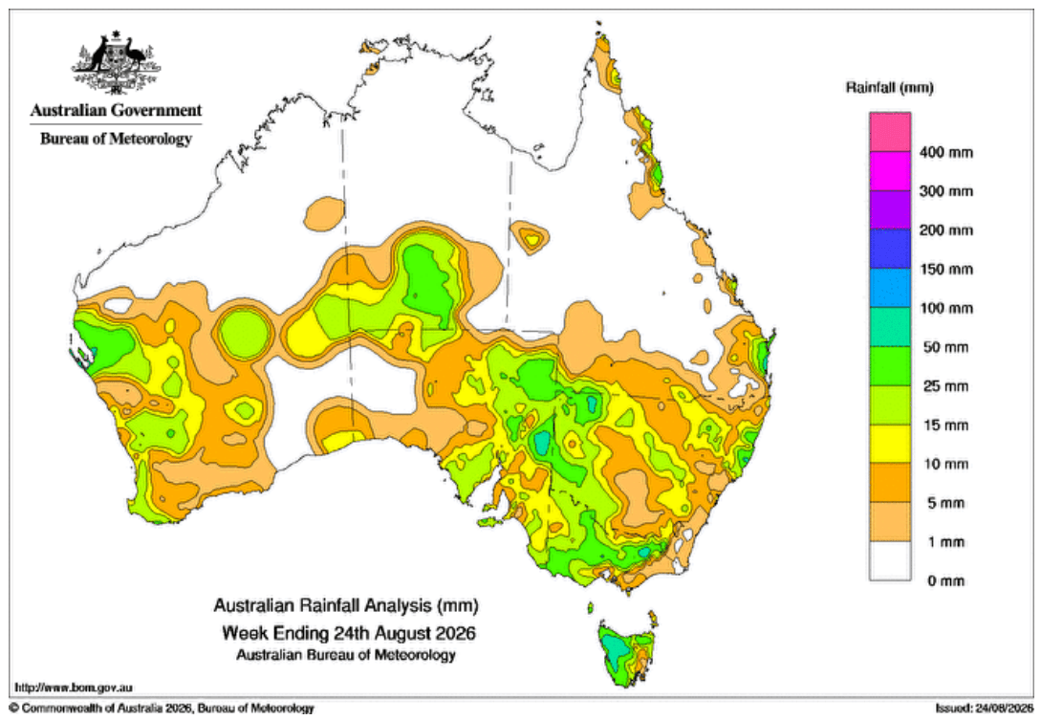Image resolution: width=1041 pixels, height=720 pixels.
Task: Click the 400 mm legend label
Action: [946, 152]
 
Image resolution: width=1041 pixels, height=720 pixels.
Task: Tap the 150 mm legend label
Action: [946, 269]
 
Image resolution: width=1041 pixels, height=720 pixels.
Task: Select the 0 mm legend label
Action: [946, 581]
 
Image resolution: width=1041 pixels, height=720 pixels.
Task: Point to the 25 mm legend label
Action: [946, 386]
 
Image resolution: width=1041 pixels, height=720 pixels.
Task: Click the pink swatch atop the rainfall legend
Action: [890, 132]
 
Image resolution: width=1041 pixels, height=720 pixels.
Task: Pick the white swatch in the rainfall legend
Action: [890, 561]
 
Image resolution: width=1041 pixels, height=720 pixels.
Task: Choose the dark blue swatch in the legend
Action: [890, 249]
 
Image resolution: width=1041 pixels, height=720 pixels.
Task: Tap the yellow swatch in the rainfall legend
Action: [890, 445]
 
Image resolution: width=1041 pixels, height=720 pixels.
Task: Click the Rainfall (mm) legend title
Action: [890, 88]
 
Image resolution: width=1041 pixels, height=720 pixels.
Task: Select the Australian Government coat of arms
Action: [117, 61]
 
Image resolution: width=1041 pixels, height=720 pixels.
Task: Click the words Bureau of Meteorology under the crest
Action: [117, 139]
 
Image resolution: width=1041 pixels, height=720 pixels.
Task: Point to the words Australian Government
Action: [117, 110]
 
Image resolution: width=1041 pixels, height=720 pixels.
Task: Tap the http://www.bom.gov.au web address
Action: [74, 687]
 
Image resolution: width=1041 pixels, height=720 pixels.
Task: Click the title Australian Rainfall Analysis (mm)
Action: [346, 606]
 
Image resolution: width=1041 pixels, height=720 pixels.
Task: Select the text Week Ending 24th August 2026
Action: [349, 632]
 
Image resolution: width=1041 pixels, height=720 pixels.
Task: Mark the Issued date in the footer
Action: [985, 709]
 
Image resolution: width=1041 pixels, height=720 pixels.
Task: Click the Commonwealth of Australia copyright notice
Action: [162, 709]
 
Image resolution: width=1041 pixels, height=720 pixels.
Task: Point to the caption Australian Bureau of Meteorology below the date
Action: [346, 655]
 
